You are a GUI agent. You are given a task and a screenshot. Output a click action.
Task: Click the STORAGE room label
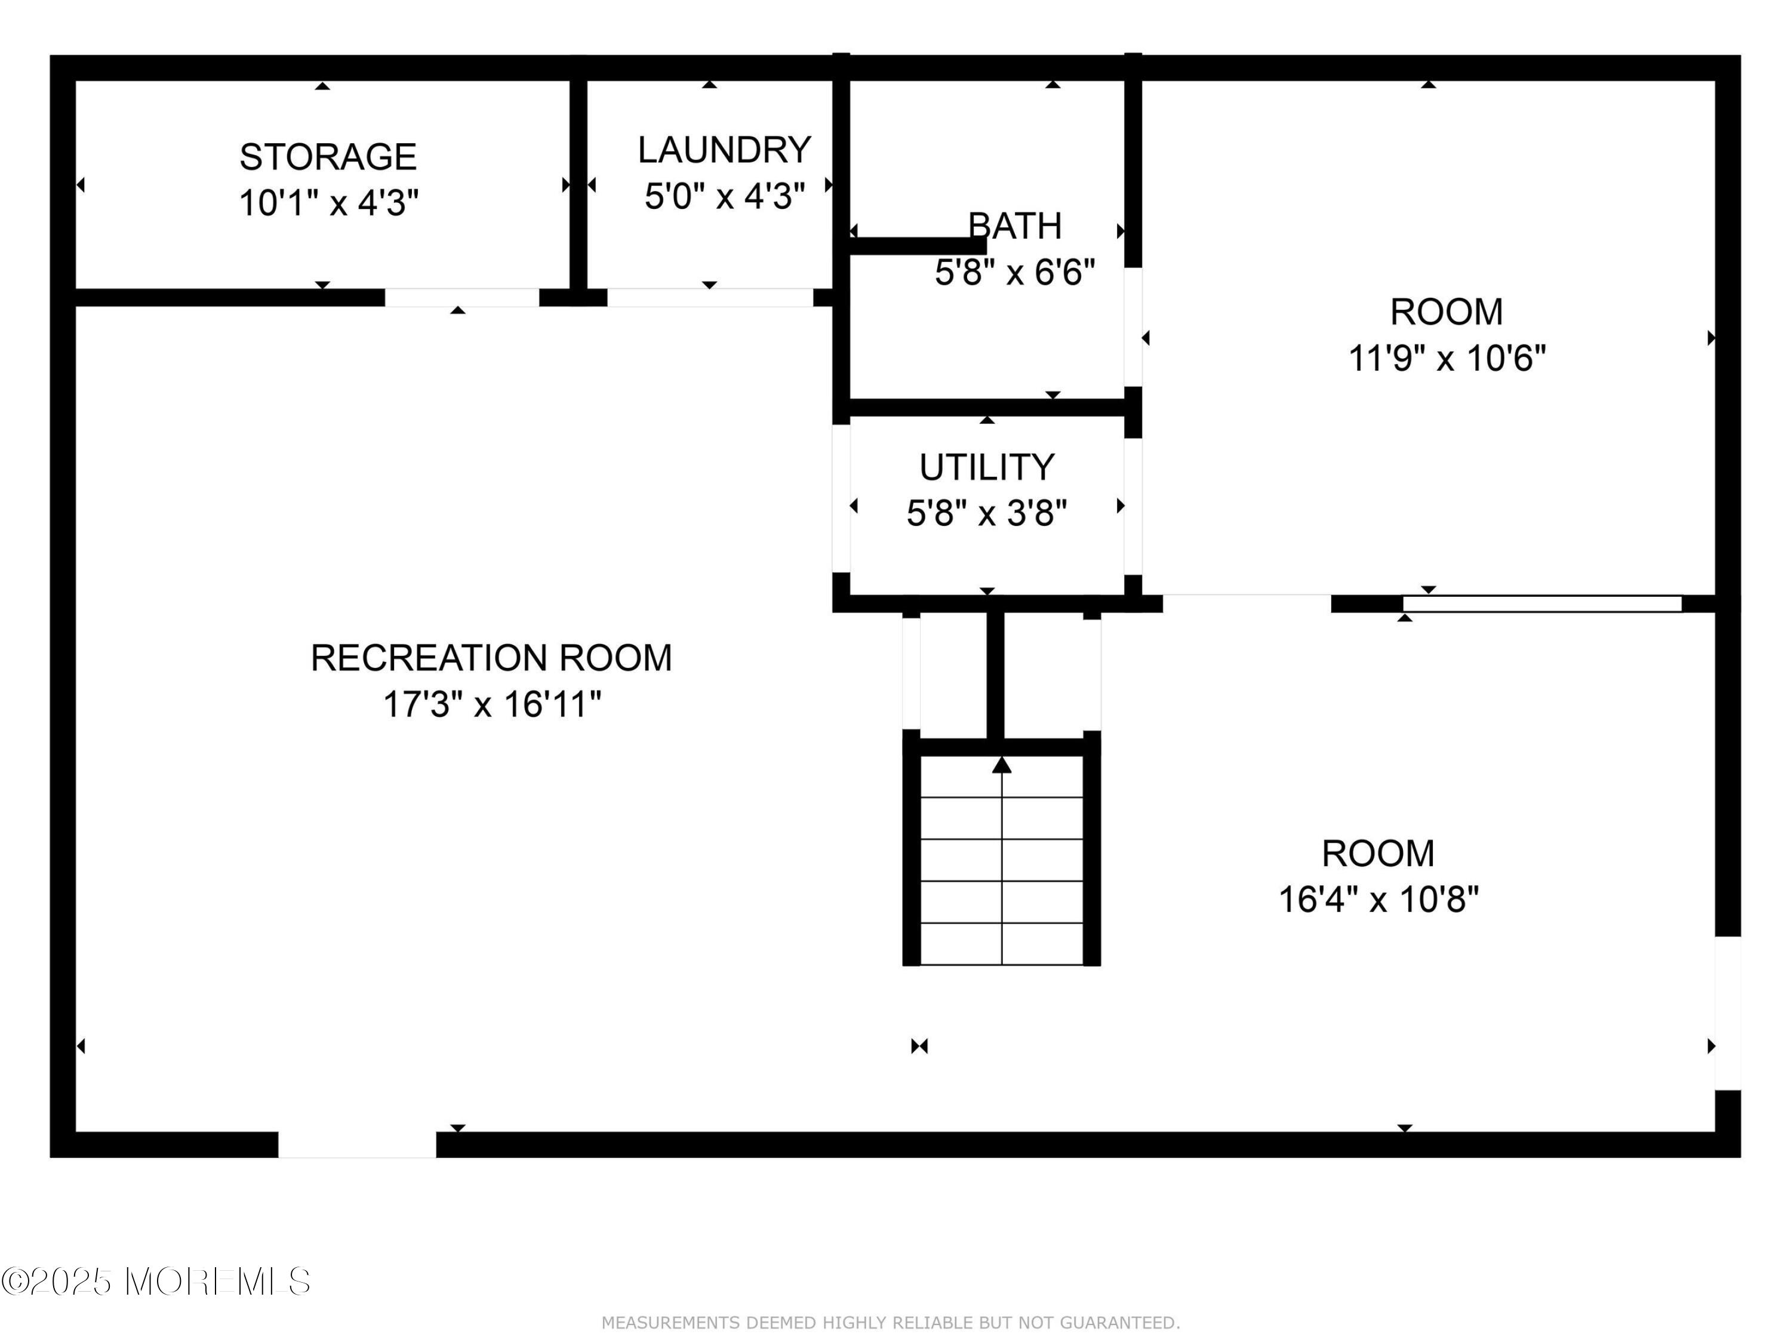[x=327, y=157]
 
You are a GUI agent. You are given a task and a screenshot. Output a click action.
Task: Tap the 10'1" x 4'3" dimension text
[x=328, y=202]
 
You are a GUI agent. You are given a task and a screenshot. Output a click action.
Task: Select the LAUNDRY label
[x=724, y=150]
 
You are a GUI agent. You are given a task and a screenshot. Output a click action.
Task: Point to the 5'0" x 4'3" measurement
[x=724, y=196]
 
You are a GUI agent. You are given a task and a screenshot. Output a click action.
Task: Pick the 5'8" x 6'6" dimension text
[x=1014, y=273]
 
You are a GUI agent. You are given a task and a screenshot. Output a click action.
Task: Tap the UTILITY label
[x=986, y=468]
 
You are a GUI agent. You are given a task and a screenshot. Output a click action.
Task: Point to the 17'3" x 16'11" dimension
[x=491, y=704]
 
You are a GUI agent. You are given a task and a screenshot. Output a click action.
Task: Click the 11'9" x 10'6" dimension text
[x=1446, y=358]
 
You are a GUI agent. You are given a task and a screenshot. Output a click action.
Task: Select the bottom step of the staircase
[x=1002, y=944]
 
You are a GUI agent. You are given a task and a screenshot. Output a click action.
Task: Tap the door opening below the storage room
[x=461, y=297]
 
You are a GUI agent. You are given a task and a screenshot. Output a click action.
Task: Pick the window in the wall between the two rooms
[x=1541, y=603]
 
